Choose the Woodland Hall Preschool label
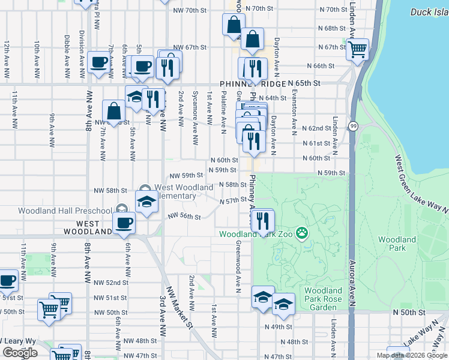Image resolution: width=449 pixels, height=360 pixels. (x=65, y=210)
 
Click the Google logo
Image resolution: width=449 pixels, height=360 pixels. (x=20, y=353)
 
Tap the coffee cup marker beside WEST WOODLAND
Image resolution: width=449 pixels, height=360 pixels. (x=124, y=223)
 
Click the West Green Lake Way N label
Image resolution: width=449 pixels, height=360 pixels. (x=421, y=184)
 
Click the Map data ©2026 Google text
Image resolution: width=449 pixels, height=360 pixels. (x=411, y=355)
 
